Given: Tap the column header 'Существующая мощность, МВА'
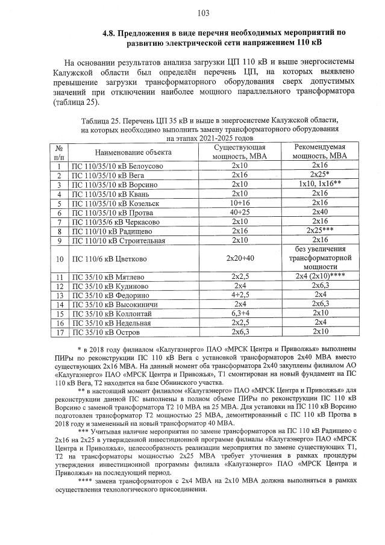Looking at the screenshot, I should pos(240,152).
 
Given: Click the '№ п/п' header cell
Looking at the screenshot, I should pos(60,152).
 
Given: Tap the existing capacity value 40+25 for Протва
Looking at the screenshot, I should pos(240,213).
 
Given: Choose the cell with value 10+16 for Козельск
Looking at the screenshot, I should pos(240,204).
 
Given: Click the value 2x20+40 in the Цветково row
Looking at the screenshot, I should pos(240,260).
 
